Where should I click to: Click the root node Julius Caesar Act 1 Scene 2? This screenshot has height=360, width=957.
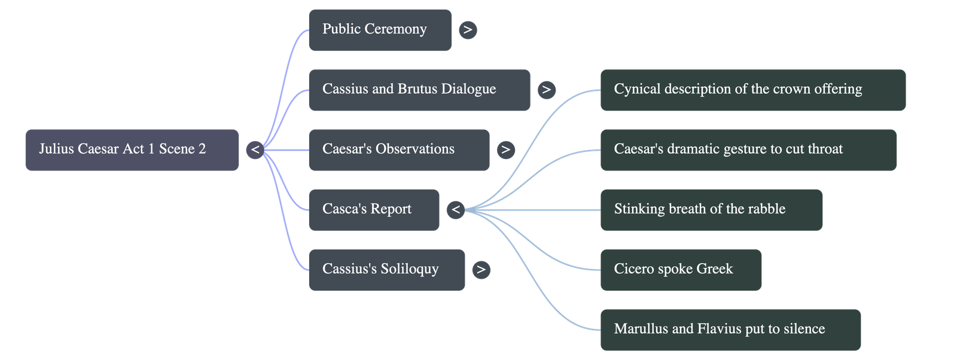(x=132, y=150)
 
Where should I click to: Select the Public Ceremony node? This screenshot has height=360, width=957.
(x=380, y=29)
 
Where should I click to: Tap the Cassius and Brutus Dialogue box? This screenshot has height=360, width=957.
(x=419, y=90)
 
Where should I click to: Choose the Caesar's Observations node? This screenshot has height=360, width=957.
(x=399, y=150)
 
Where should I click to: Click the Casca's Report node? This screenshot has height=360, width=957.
(x=374, y=209)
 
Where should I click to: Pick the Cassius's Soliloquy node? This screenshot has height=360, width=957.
(x=386, y=270)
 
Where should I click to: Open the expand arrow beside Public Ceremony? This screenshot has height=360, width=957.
(x=468, y=29)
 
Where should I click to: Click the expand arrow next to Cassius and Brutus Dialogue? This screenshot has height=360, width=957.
(x=545, y=90)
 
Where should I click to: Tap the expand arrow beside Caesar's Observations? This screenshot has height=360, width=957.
(x=505, y=150)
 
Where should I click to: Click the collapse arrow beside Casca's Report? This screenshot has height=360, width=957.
(x=456, y=209)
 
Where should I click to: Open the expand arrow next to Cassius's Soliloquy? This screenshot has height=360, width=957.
(x=481, y=270)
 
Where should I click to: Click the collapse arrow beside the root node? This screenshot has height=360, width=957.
(x=255, y=150)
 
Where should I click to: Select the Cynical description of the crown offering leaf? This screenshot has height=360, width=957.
(x=752, y=90)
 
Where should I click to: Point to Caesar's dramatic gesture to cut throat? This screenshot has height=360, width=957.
(x=748, y=150)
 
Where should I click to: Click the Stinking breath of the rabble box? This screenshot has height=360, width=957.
(x=711, y=209)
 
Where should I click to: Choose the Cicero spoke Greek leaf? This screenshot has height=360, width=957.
(x=681, y=270)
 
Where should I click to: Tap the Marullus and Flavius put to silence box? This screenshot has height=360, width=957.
(x=730, y=330)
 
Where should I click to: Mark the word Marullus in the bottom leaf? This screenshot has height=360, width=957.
(x=641, y=329)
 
